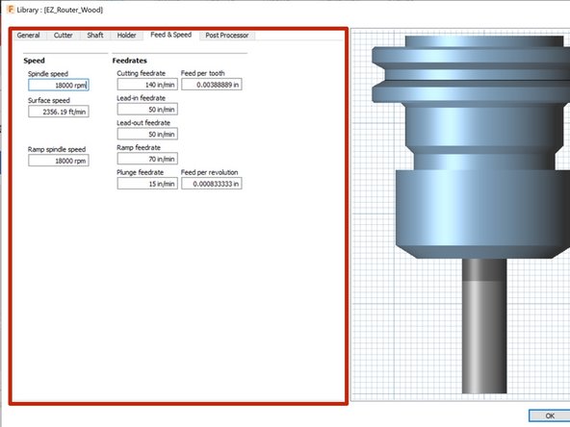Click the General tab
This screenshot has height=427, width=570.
28,35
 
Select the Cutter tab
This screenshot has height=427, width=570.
63,35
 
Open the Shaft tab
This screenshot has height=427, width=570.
94,35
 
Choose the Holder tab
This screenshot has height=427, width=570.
127,35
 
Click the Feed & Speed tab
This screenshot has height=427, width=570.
170,35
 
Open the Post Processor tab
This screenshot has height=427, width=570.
226,35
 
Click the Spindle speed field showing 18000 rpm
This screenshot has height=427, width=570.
59,85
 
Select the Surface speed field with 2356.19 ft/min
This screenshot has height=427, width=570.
59,111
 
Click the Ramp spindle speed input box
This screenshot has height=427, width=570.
59,161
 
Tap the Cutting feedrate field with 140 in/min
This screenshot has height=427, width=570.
147,85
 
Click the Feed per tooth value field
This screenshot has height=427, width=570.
211,85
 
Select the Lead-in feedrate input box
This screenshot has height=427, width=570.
147,109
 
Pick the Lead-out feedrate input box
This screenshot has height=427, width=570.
147,134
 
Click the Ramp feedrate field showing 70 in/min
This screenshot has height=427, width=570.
147,159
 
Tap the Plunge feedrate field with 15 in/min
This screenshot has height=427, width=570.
147,184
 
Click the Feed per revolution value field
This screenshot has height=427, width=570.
211,184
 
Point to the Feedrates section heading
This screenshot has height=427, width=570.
131,60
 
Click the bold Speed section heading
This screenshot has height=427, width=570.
34,60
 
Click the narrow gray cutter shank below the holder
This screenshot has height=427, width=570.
483,327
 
